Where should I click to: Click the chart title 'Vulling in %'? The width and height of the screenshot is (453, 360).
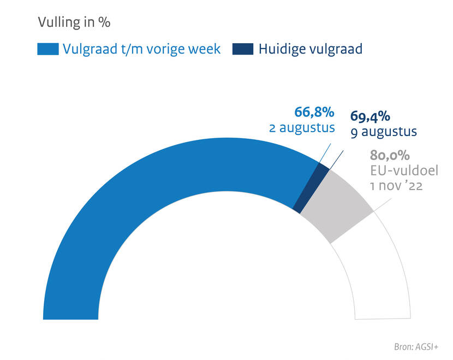click(x=74, y=23)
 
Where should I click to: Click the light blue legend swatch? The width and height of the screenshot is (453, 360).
click(x=47, y=49)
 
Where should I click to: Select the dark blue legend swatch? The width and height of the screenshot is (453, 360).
click(x=242, y=49)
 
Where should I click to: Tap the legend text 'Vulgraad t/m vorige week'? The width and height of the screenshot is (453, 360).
click(x=141, y=49)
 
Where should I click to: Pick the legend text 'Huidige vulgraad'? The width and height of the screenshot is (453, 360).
click(x=311, y=49)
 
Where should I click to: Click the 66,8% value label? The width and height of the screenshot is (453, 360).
click(x=314, y=113)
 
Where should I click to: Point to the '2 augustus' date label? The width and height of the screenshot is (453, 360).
click(x=301, y=128)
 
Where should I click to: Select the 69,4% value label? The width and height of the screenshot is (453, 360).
click(x=369, y=116)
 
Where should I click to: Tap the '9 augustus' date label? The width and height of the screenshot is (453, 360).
click(x=384, y=132)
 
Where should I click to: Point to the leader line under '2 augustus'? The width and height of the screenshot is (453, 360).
click(x=325, y=154)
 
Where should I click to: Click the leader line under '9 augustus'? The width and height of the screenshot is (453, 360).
click(x=338, y=158)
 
